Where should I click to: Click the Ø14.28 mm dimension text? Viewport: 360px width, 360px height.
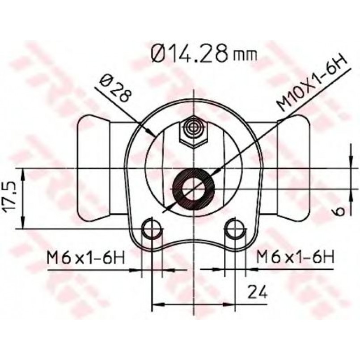204,54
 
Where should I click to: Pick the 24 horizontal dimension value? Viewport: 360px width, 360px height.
258,292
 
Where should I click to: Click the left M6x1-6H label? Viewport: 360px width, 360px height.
86,258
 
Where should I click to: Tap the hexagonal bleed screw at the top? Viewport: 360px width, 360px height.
194,131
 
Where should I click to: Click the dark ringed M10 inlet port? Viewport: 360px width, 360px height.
194,189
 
